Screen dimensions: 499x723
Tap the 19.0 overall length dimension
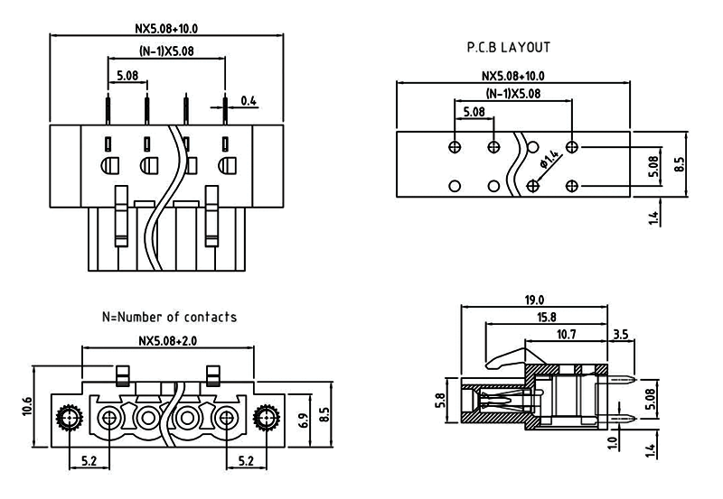click(x=535, y=300)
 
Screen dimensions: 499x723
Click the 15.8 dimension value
click(x=546, y=317)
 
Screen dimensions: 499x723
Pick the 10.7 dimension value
click(x=567, y=334)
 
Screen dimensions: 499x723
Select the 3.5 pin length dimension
click(x=620, y=334)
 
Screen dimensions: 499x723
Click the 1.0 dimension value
click(x=614, y=445)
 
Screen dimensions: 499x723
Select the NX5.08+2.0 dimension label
click(x=168, y=341)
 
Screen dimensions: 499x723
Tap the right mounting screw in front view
click(x=265, y=418)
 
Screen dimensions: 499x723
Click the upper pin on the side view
click(x=618, y=380)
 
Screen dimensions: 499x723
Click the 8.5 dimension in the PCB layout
click(x=681, y=165)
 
